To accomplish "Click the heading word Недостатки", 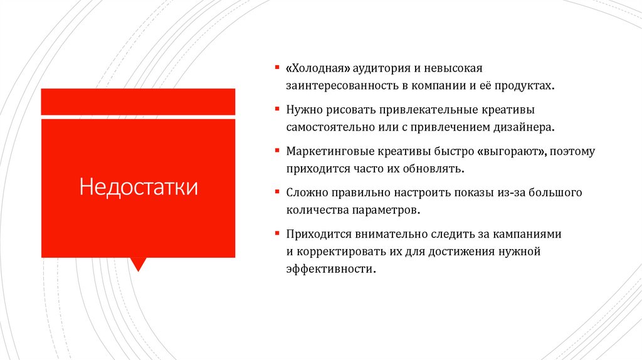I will (138, 187).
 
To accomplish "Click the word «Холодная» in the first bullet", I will (318, 67).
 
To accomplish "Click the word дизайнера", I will (526, 127).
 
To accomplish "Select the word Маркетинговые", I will (330, 152).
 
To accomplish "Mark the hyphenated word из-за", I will (500, 193).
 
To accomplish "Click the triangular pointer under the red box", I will (138, 264).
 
